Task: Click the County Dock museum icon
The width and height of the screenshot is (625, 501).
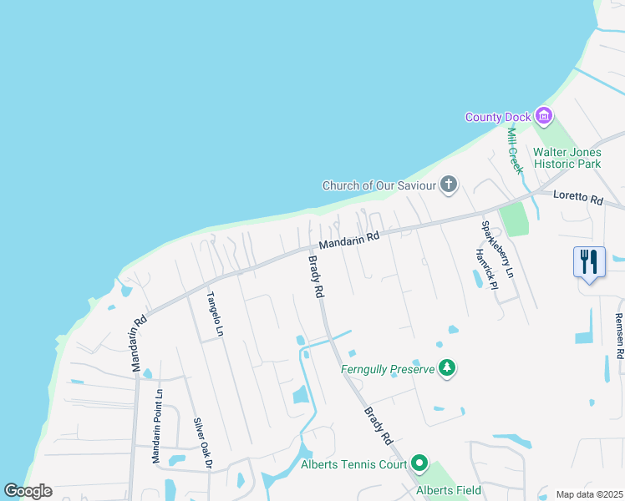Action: [x=545, y=117]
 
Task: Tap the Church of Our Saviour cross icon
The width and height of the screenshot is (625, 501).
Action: [x=449, y=185]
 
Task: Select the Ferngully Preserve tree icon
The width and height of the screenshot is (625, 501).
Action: [x=448, y=368]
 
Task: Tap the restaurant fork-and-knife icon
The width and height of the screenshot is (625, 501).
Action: [x=590, y=261]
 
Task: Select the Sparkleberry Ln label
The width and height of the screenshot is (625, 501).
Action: [x=496, y=249]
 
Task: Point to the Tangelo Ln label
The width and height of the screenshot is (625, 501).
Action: [x=216, y=313]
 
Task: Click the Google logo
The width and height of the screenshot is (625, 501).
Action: [x=27, y=491]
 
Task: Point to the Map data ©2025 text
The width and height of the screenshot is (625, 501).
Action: [x=588, y=494]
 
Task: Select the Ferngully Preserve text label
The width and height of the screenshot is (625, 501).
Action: [x=388, y=368]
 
